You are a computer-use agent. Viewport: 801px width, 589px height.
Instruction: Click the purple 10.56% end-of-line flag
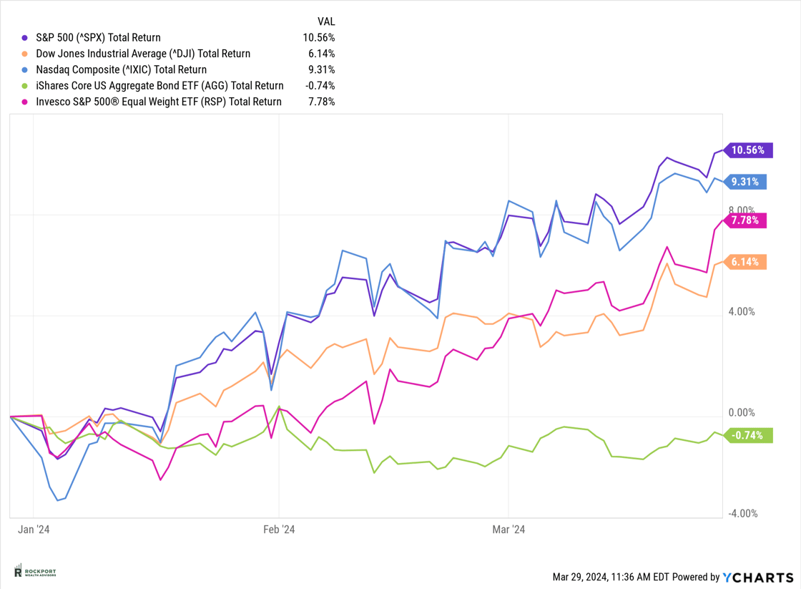tap(748, 150)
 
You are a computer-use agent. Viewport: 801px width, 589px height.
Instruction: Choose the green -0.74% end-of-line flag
tap(748, 435)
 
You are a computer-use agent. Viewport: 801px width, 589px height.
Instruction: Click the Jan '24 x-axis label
tap(34, 530)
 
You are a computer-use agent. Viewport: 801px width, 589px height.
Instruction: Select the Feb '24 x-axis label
tap(279, 530)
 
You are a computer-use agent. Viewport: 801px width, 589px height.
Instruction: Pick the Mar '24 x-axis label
tap(508, 530)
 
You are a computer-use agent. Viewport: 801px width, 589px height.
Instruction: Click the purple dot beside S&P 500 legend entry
tap(26, 38)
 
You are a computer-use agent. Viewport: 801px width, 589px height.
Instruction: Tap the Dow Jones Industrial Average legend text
tap(143, 54)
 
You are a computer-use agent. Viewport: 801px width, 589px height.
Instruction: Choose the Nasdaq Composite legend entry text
tap(122, 69)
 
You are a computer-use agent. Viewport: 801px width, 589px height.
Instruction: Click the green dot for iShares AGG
tap(26, 86)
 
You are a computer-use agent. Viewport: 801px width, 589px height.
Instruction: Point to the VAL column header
tap(325, 21)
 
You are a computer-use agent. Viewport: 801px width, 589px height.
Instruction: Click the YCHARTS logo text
tap(758, 577)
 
